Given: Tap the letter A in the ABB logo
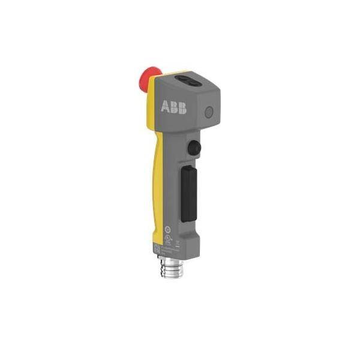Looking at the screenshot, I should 165,107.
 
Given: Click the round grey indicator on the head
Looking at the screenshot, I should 209,112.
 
